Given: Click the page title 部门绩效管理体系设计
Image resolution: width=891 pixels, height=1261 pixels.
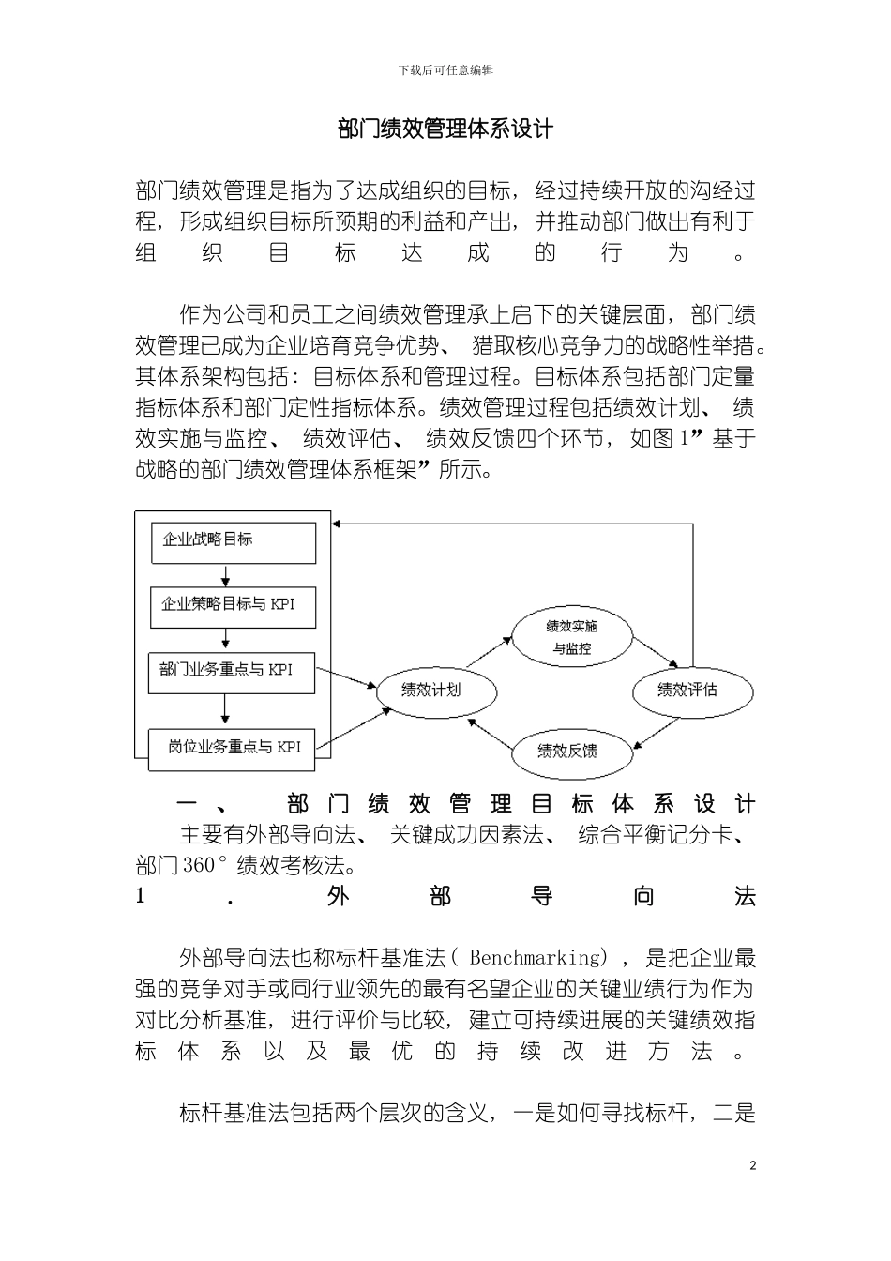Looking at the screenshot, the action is tap(445, 129).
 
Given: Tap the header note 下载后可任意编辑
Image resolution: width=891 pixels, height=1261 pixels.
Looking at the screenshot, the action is tap(445, 69).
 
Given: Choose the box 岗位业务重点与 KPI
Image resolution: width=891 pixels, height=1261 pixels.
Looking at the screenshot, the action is tap(233, 749).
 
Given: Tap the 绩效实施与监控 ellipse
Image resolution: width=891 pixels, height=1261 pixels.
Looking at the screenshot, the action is tap(571, 637).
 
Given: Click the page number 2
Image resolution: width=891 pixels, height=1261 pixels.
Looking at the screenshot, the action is tap(752, 1166).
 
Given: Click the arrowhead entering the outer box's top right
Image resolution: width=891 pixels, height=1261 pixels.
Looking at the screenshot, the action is tap(340, 523).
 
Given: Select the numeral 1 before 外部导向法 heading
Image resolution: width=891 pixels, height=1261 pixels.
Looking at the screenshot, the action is tap(141, 896).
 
